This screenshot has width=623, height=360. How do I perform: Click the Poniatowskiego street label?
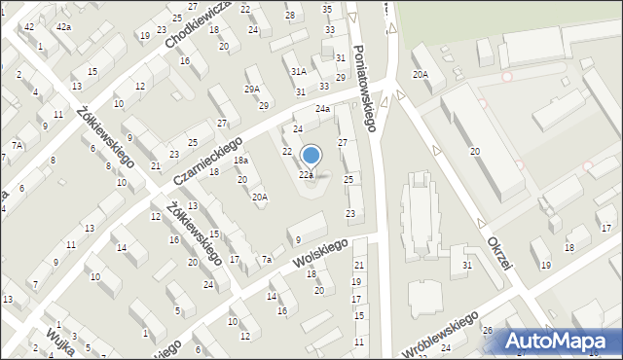[x=365, y=87]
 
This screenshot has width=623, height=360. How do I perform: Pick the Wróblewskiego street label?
[x=440, y=336]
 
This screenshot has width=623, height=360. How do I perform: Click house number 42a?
[x=63, y=26]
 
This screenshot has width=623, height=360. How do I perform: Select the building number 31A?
[x=299, y=71]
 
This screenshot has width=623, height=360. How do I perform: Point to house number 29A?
[x=252, y=89]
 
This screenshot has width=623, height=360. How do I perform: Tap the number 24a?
[x=322, y=110]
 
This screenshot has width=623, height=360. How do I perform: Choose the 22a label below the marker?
[x=306, y=175]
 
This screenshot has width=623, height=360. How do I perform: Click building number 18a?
[x=240, y=161]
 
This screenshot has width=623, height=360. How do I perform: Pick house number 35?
[x=327, y=9]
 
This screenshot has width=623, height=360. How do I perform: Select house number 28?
[x=290, y=16]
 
